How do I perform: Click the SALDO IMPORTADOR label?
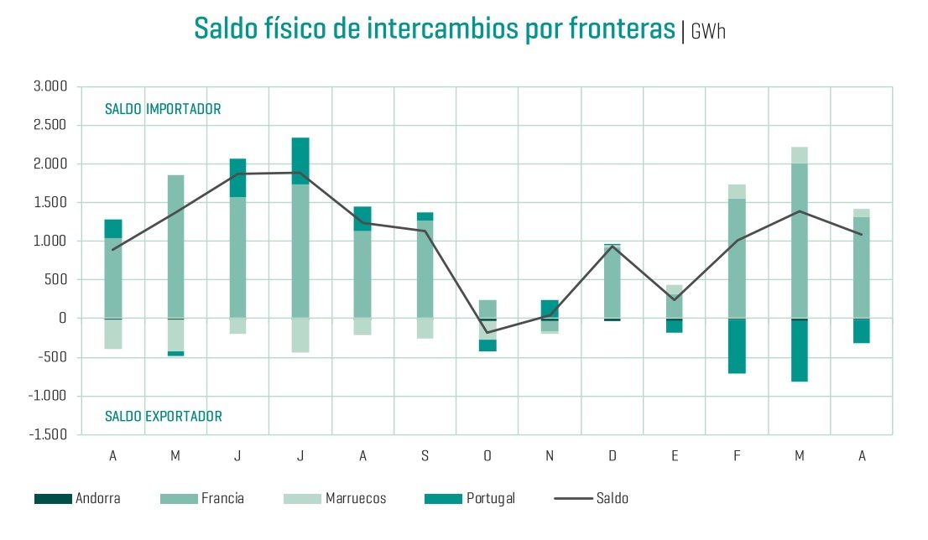163,109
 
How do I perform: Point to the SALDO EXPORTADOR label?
164,417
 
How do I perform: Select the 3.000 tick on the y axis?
50,86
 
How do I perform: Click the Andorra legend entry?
77,499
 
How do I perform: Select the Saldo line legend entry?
592,499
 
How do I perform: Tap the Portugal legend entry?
470,499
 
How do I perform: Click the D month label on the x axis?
613,456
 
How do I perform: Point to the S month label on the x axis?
425,456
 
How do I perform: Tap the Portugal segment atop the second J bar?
300,160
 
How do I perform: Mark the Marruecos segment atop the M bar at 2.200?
799,155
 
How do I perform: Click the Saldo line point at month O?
487,332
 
